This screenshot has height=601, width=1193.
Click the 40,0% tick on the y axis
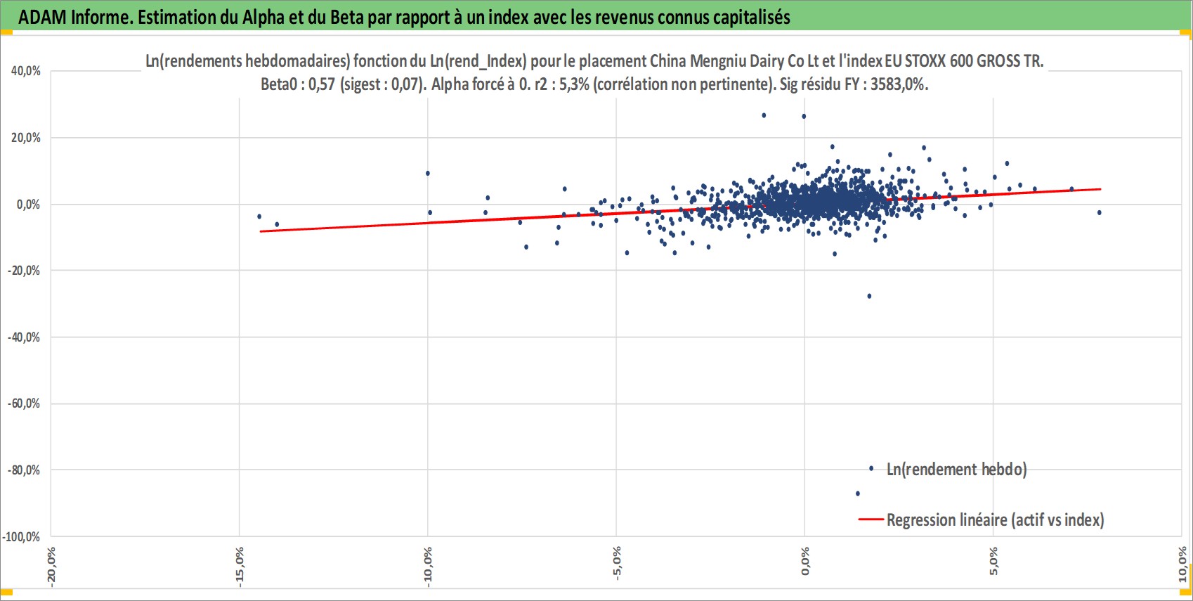25,71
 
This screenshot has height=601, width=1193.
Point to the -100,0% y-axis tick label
21,536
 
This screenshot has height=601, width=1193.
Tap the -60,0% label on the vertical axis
24,403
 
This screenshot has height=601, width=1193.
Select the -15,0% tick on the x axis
239,567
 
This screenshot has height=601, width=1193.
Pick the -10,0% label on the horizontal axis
428,567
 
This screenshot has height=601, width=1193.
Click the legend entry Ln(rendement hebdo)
956,470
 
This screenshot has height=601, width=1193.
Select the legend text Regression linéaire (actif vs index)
996,519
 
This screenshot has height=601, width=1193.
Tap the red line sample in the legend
871,519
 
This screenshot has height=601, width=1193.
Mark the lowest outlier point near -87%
857,494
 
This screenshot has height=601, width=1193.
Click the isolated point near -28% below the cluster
869,296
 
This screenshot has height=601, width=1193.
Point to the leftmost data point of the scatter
259,217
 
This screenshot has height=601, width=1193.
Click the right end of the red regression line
1100,189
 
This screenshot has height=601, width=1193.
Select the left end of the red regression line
261,231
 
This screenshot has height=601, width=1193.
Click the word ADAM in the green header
43,18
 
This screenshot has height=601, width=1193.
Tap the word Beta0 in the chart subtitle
278,84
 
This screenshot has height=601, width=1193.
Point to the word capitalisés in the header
752,18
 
